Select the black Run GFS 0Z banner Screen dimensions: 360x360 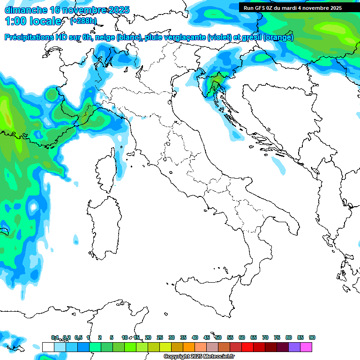292,8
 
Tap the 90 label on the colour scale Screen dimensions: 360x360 312,337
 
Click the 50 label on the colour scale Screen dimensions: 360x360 218,337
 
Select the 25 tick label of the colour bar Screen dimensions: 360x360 160,337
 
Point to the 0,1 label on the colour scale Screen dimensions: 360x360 55,337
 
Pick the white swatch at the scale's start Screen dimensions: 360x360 48,347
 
